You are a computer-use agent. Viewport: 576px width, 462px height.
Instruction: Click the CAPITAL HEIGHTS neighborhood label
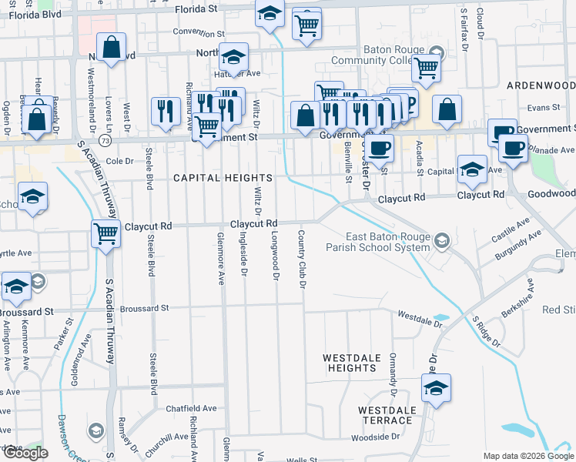(212, 178)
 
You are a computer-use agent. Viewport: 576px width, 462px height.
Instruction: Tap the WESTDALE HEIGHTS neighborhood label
(350, 363)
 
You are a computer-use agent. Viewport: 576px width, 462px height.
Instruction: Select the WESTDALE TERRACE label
(386, 415)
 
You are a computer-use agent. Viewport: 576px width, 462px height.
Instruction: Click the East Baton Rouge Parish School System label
(387, 242)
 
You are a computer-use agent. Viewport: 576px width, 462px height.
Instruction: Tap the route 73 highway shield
(104, 142)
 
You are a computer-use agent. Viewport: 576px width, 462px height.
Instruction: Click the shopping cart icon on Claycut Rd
(105, 233)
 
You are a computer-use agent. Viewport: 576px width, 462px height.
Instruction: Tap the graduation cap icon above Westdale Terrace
(436, 387)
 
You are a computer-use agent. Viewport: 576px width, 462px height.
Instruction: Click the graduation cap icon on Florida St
(270, 14)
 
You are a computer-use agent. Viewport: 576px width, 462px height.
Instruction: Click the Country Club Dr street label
(302, 259)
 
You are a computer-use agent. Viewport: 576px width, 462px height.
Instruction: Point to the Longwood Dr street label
(275, 257)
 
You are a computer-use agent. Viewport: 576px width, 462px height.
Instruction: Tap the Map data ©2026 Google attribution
(528, 456)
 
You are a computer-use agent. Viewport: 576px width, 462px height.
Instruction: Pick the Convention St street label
(198, 33)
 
